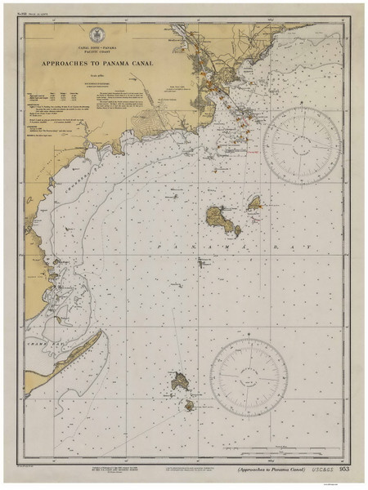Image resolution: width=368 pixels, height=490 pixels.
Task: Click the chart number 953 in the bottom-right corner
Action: pyautogui.click(x=344, y=469)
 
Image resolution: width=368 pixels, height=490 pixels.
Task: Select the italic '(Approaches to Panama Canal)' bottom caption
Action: pyautogui.click(x=264, y=469)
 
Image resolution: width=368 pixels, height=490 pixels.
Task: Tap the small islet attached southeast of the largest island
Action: pyautogui.click(x=236, y=231)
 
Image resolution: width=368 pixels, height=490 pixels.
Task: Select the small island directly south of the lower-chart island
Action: pyautogui.click(x=188, y=404)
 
